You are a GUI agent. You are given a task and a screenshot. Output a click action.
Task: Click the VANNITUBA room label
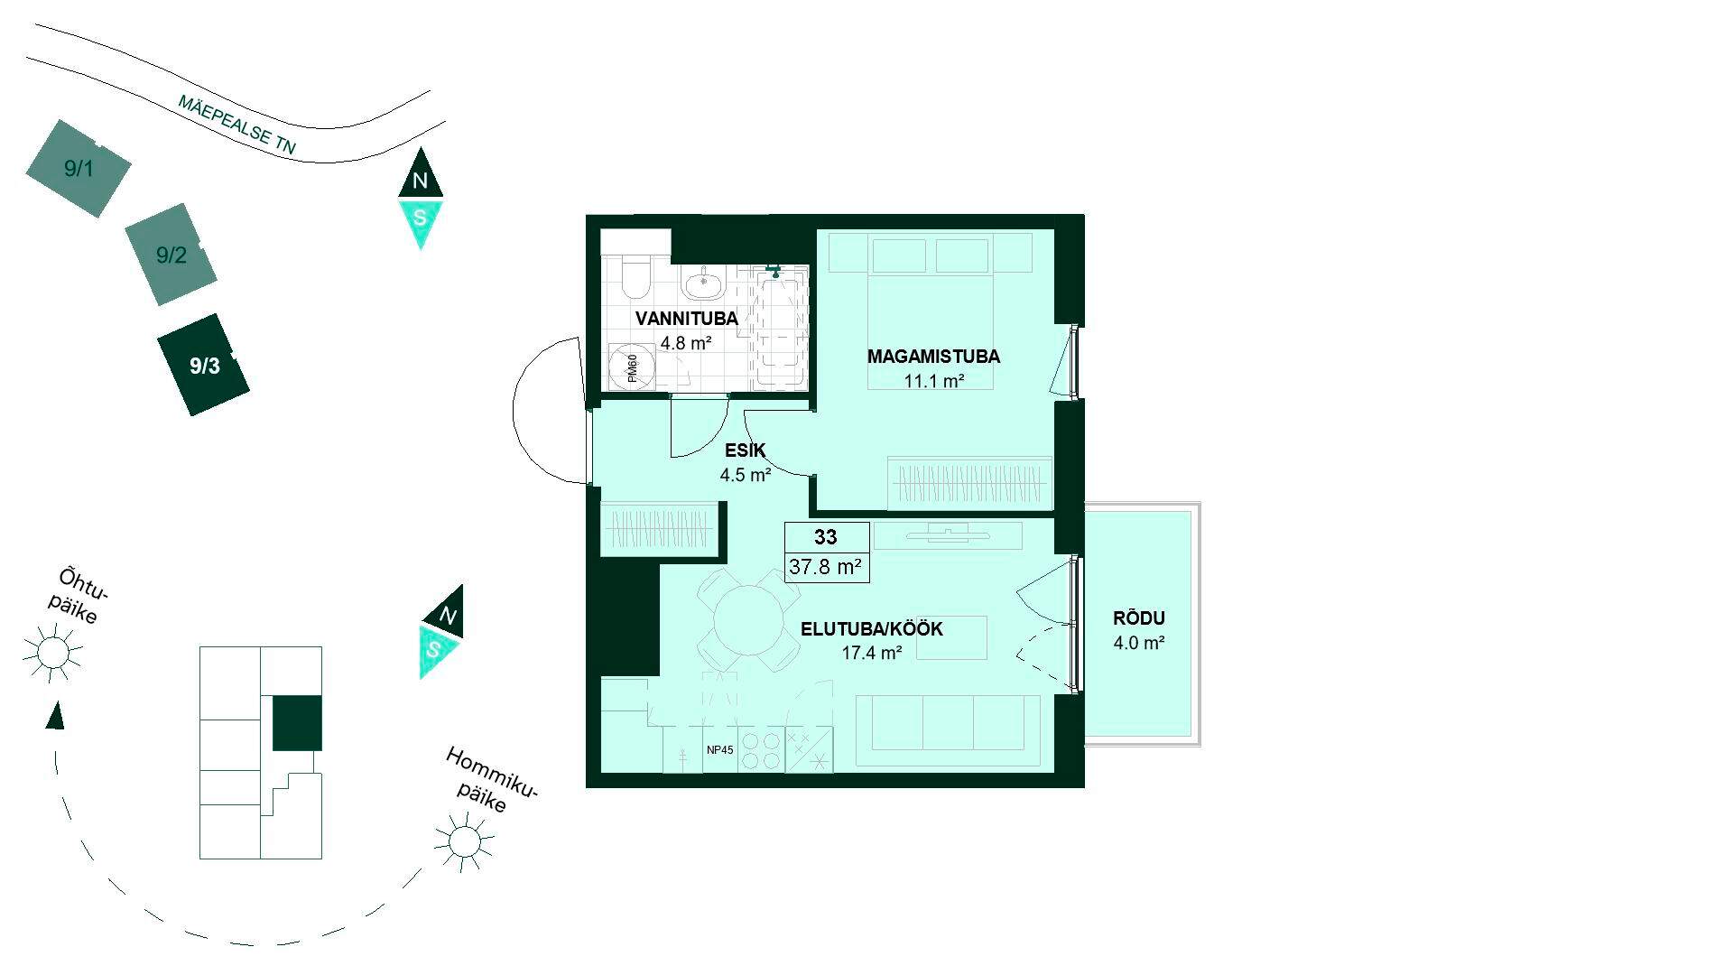(x=686, y=319)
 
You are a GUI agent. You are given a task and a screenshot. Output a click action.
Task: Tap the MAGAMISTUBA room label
(x=933, y=357)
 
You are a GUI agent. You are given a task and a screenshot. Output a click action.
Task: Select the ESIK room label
(x=745, y=450)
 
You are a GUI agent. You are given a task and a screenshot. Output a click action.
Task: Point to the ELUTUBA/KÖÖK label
(x=872, y=629)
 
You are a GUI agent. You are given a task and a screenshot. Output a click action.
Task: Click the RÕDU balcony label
(x=1139, y=618)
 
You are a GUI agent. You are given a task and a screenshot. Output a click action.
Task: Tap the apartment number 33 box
(x=827, y=537)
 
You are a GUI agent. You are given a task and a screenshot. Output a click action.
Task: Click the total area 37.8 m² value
(x=826, y=567)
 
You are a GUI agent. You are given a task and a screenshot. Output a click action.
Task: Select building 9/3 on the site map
(x=204, y=365)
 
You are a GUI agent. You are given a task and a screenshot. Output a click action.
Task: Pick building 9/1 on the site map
(x=79, y=168)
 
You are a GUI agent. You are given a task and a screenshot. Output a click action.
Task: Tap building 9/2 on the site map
(x=171, y=255)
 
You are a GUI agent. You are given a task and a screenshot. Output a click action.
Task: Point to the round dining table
(x=748, y=620)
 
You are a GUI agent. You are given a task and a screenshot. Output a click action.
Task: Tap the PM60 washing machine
(x=631, y=368)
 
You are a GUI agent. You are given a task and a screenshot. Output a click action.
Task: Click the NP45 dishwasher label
(x=719, y=749)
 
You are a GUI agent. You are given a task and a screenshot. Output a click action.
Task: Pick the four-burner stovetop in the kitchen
(x=762, y=750)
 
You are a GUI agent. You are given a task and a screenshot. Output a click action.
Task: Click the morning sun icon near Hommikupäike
(x=464, y=841)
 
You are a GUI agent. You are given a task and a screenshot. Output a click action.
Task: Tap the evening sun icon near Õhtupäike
(x=53, y=652)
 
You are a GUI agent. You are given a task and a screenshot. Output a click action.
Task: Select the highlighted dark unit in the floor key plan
(x=297, y=723)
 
